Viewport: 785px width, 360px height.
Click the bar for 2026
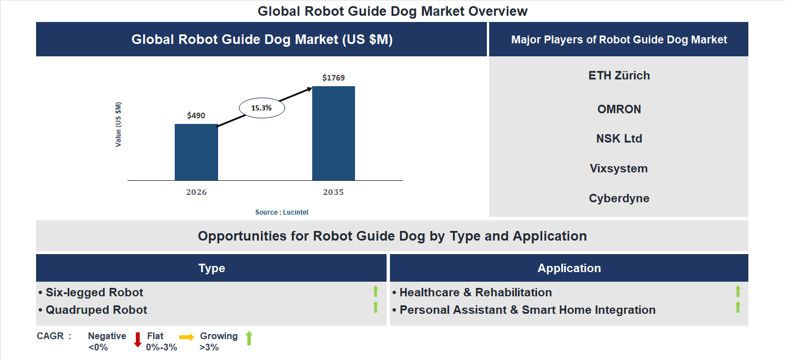tap(196, 152)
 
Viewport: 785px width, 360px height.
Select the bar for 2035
tap(334, 134)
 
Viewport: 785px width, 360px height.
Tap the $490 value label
tap(196, 115)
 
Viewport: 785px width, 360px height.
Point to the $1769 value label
tap(334, 78)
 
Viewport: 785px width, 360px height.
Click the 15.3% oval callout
tap(261, 108)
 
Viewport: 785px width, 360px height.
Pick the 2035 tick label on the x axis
tap(334, 192)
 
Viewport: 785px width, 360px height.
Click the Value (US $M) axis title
tap(118, 125)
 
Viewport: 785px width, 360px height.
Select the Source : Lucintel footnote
tap(282, 212)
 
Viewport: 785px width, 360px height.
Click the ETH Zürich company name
tap(619, 75)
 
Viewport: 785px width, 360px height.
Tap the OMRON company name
tap(619, 109)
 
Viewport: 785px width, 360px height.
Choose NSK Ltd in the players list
tap(619, 139)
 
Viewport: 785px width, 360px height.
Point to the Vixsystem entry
tap(619, 168)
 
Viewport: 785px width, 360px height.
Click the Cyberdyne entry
tap(619, 198)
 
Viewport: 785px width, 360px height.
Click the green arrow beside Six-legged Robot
tap(375, 291)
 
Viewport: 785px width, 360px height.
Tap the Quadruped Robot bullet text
tap(96, 310)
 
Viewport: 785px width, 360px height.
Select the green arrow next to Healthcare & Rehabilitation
tap(738, 291)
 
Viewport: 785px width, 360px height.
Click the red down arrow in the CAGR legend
tap(138, 340)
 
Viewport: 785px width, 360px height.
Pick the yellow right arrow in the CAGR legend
tap(187, 336)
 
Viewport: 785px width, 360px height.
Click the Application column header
tap(569, 268)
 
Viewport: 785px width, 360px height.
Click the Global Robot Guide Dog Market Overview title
tap(392, 11)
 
